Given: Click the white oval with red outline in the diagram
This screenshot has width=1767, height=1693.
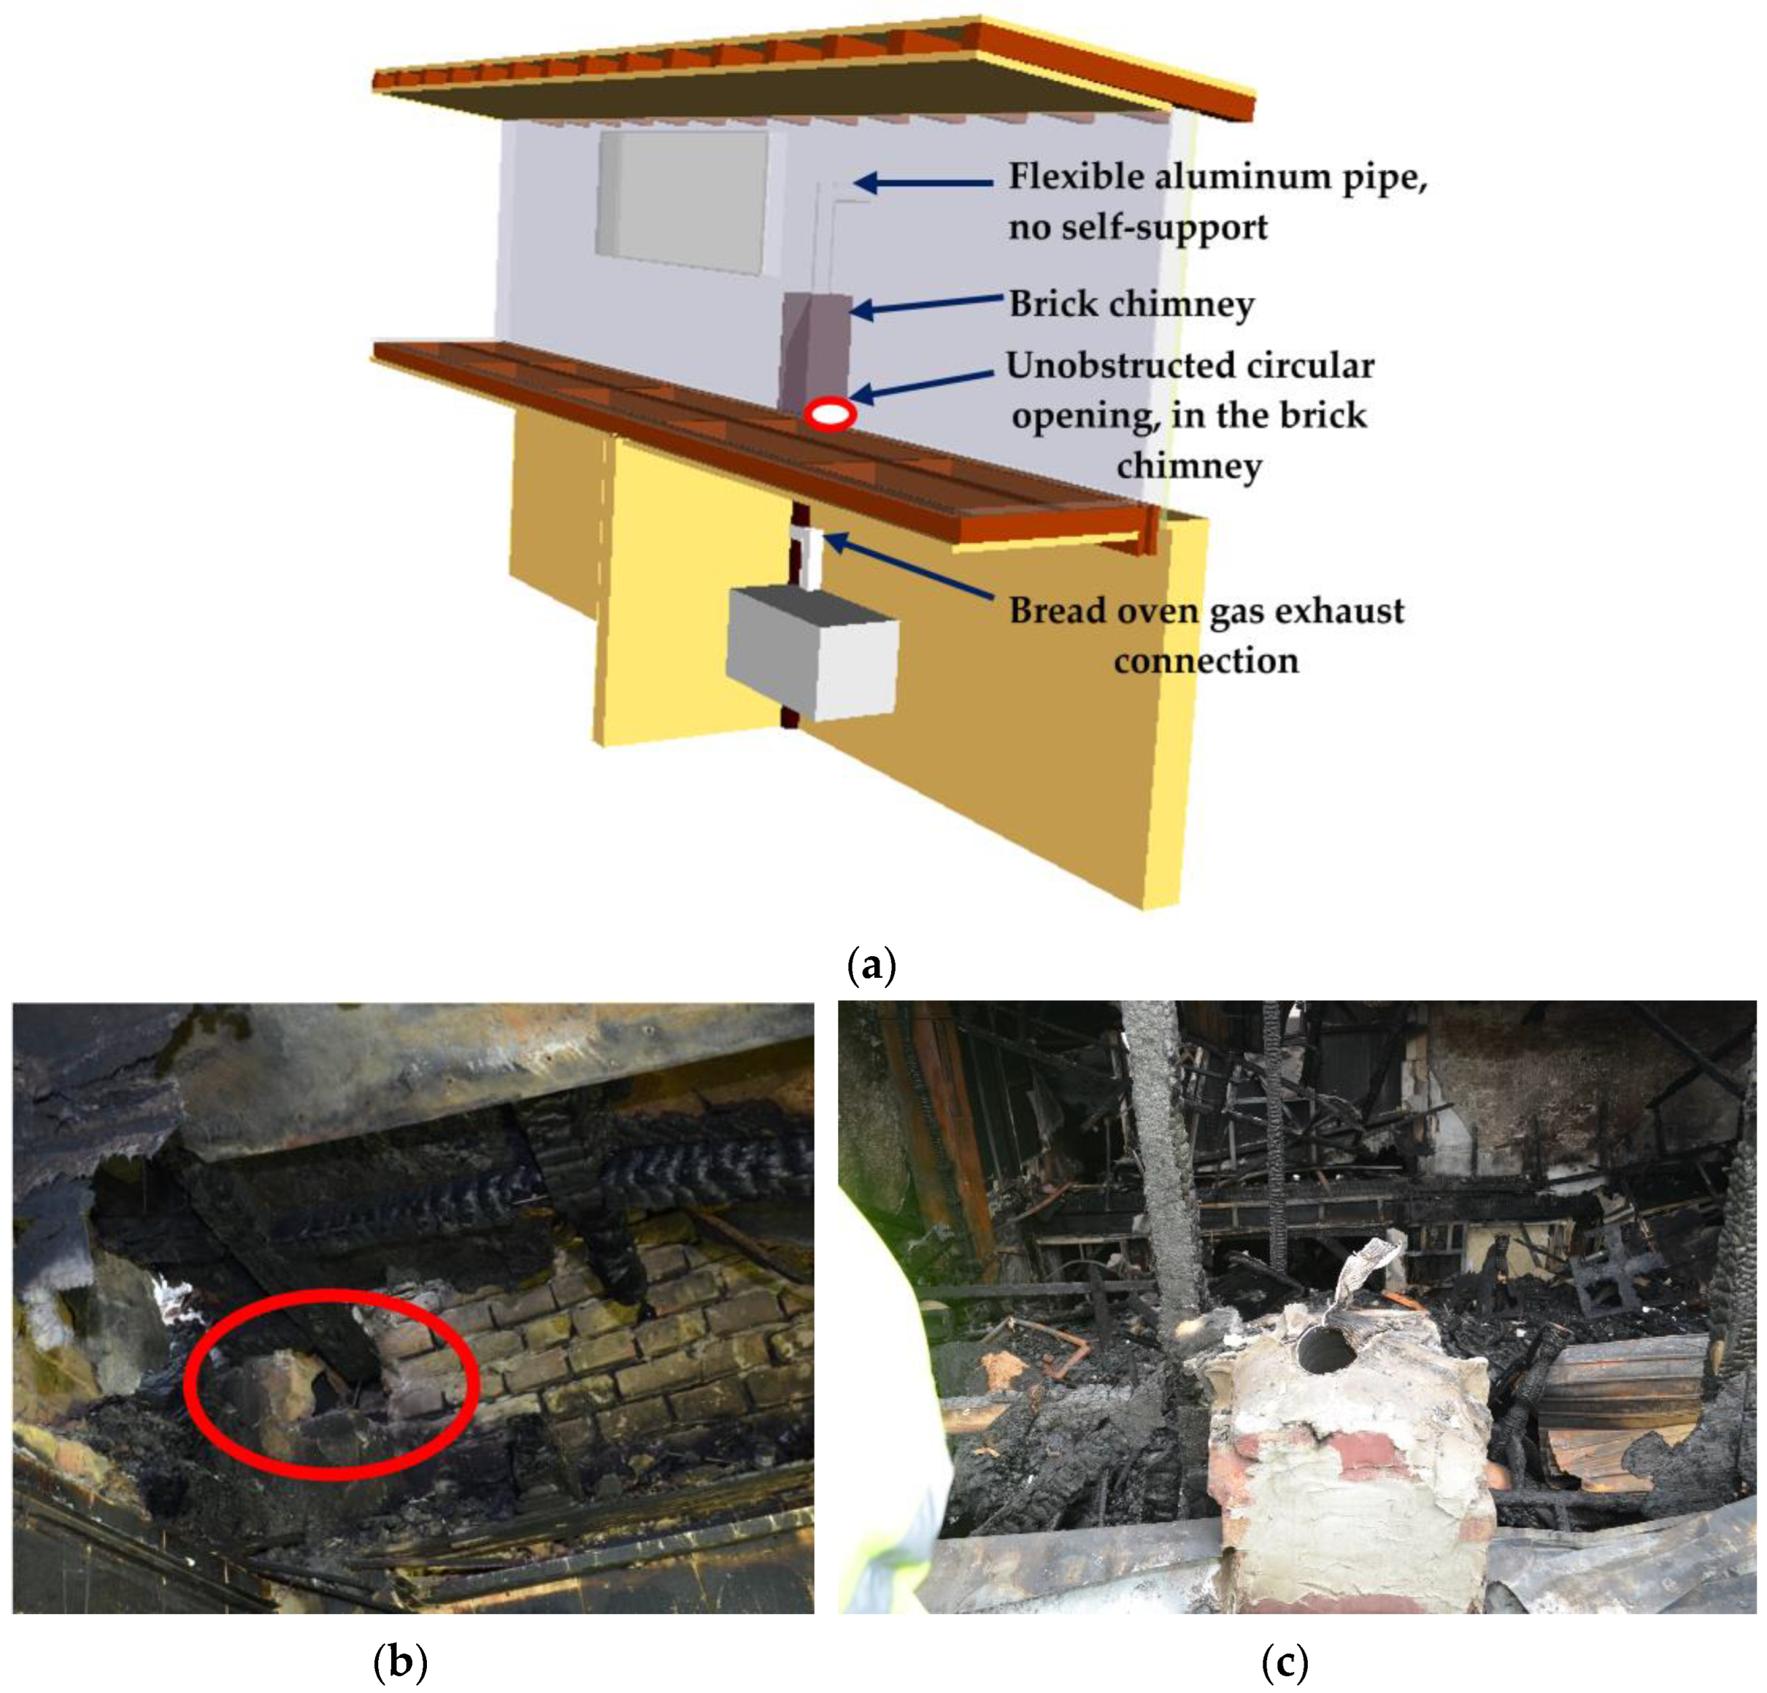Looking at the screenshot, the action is point(830,414).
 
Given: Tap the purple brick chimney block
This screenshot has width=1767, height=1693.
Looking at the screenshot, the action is point(816,353).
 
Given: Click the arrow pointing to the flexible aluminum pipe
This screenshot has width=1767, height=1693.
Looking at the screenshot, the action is point(923,183).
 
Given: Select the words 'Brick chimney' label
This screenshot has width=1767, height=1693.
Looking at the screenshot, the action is point(1131,304).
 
